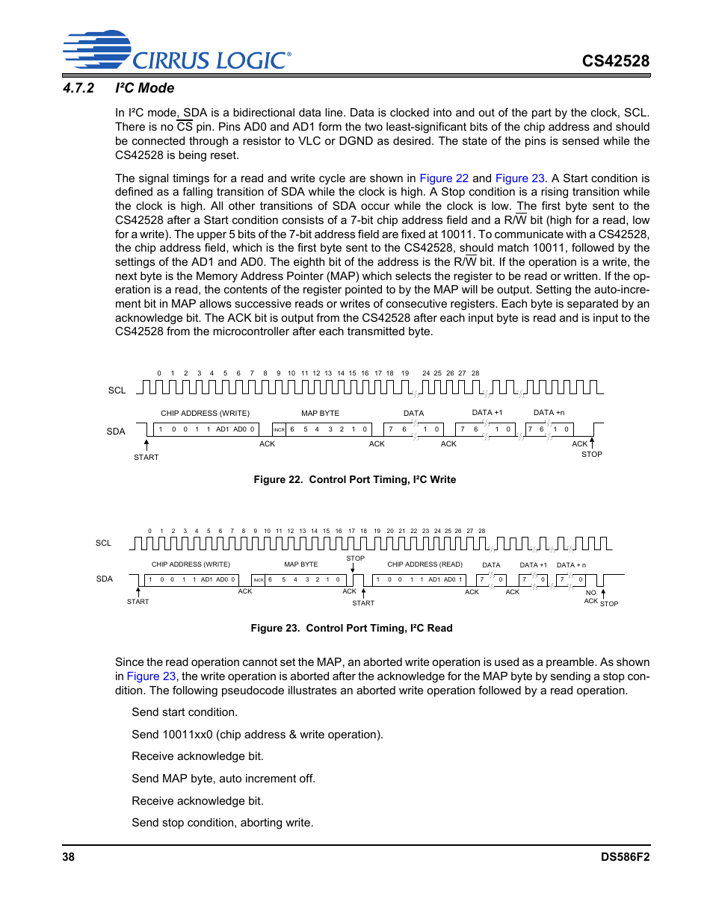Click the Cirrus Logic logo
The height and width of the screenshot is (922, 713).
pyautogui.click(x=176, y=51)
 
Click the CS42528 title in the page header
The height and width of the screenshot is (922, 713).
pyautogui.click(x=615, y=61)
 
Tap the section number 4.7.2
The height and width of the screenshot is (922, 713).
pyautogui.click(x=78, y=88)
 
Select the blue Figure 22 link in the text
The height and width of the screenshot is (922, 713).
pyautogui.click(x=443, y=178)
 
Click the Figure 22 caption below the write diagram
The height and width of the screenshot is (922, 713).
pyautogui.click(x=354, y=479)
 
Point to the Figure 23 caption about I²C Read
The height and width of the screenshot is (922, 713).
pyautogui.click(x=351, y=628)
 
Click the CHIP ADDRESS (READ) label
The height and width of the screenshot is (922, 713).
pyautogui.click(x=425, y=564)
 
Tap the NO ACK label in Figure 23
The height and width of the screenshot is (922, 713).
pyautogui.click(x=591, y=597)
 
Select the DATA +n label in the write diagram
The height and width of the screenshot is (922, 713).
pyautogui.click(x=549, y=412)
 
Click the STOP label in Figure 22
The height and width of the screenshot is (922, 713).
pyautogui.click(x=591, y=454)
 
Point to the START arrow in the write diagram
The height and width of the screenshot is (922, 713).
pyautogui.click(x=146, y=446)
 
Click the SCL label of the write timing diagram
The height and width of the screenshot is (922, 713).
pyautogui.click(x=117, y=390)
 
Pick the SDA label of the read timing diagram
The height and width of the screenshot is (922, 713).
pyautogui.click(x=105, y=579)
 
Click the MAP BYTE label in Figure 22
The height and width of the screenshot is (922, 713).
pyautogui.click(x=320, y=413)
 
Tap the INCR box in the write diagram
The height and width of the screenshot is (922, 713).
pyautogui.click(x=279, y=429)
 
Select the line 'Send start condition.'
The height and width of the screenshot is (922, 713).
pyautogui.click(x=185, y=712)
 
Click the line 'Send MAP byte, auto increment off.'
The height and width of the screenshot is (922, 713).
pyautogui.click(x=223, y=779)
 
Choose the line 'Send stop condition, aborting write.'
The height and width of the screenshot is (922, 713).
pyautogui.click(x=222, y=823)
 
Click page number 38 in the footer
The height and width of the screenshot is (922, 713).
pyautogui.click(x=68, y=857)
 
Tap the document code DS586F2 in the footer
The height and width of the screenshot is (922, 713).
pyautogui.click(x=625, y=857)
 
